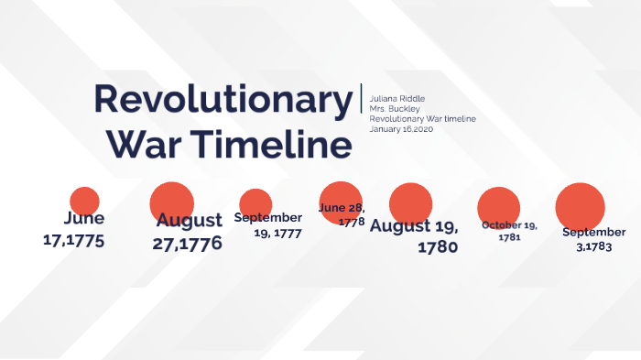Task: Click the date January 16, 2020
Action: point(401,129)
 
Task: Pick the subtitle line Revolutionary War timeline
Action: point(422,118)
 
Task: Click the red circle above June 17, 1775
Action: point(84,201)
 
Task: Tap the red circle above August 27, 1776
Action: point(171,202)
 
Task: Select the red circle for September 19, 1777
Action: point(255,202)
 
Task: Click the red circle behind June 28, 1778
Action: point(341,202)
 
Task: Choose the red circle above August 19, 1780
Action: point(410,202)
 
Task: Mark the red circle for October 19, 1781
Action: point(498,205)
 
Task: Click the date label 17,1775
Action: point(74,241)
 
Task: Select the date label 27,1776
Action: point(187,244)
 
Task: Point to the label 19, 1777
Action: point(277,233)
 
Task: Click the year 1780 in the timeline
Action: point(437,246)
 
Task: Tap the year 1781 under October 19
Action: point(510,237)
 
